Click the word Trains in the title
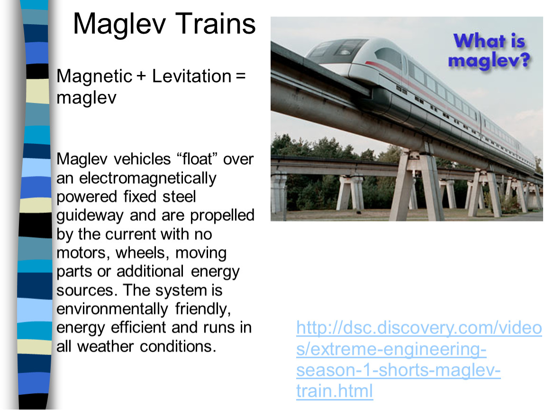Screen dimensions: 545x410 (215, 24)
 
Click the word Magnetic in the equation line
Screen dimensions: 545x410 (94, 76)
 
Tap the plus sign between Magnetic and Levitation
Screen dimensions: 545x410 (141, 76)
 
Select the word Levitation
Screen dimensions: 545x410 (191, 76)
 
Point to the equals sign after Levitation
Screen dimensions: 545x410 (241, 76)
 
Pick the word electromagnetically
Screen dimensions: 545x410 (148, 179)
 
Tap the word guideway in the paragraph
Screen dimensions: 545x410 (90, 216)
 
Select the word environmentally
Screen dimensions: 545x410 (112, 309)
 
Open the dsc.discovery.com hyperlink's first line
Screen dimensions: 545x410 (419, 328)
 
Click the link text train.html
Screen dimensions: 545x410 (335, 391)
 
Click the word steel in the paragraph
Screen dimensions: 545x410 (179, 196)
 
